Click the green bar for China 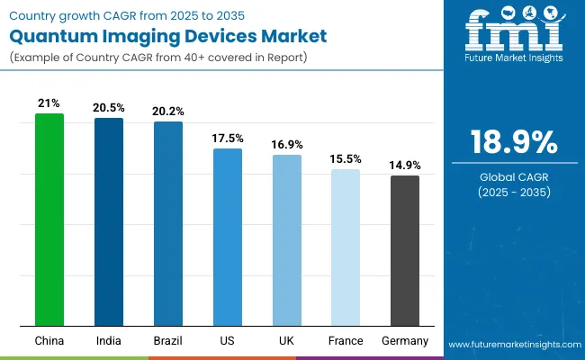(x=49, y=220)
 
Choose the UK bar (x=287, y=240)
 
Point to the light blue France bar (x=346, y=247)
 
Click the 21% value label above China (x=49, y=103)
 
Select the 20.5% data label (x=109, y=108)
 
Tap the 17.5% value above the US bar (x=228, y=139)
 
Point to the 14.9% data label (x=405, y=166)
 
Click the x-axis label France (x=346, y=341)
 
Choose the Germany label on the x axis (x=405, y=341)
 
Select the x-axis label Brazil (x=168, y=341)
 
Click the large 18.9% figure (x=513, y=143)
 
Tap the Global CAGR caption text (x=513, y=176)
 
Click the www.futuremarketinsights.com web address (x=513, y=345)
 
